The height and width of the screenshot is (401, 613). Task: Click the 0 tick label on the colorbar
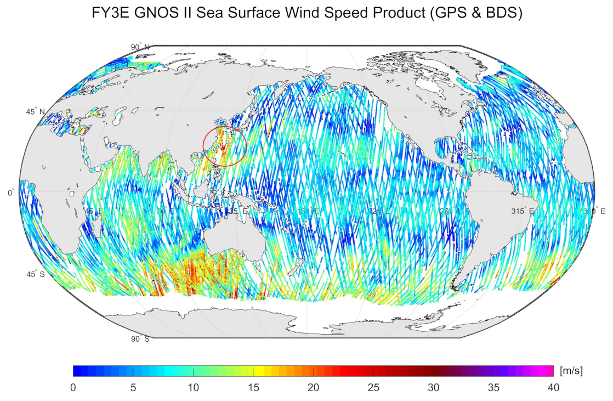[x=73, y=387]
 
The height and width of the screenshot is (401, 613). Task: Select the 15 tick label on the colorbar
[x=253, y=387]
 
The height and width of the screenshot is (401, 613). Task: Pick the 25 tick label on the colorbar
[x=373, y=387]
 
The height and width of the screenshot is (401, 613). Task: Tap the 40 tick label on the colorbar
[x=553, y=387]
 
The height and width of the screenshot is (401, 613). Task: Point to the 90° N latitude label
[x=140, y=47]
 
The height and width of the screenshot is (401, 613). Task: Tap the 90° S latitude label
[x=140, y=339]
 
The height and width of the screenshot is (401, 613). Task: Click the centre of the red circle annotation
[x=224, y=145]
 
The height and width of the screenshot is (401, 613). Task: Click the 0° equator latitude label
[x=12, y=193]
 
